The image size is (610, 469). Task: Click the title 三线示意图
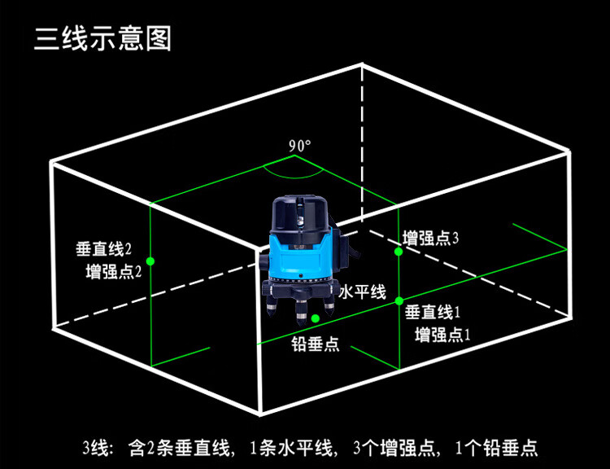coord(102,38)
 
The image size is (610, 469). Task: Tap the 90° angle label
coord(299,147)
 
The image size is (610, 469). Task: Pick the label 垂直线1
coord(433,312)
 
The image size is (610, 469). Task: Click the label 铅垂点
coord(316,344)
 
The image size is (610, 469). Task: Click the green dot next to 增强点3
coord(399,252)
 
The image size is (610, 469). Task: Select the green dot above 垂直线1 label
coord(399,301)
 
